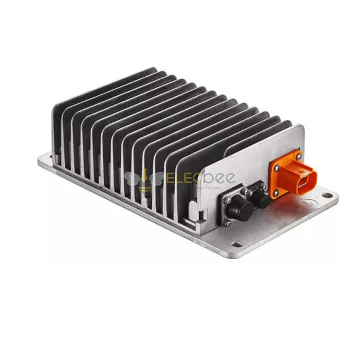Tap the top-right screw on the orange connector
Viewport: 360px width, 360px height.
click(x=299, y=157)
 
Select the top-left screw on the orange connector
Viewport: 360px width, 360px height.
click(x=277, y=169)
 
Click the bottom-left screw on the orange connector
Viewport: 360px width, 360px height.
click(x=277, y=193)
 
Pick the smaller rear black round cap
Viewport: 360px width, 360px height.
click(x=260, y=199)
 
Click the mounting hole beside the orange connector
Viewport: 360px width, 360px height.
click(x=328, y=196)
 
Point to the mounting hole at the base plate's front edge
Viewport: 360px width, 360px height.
click(x=237, y=244)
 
